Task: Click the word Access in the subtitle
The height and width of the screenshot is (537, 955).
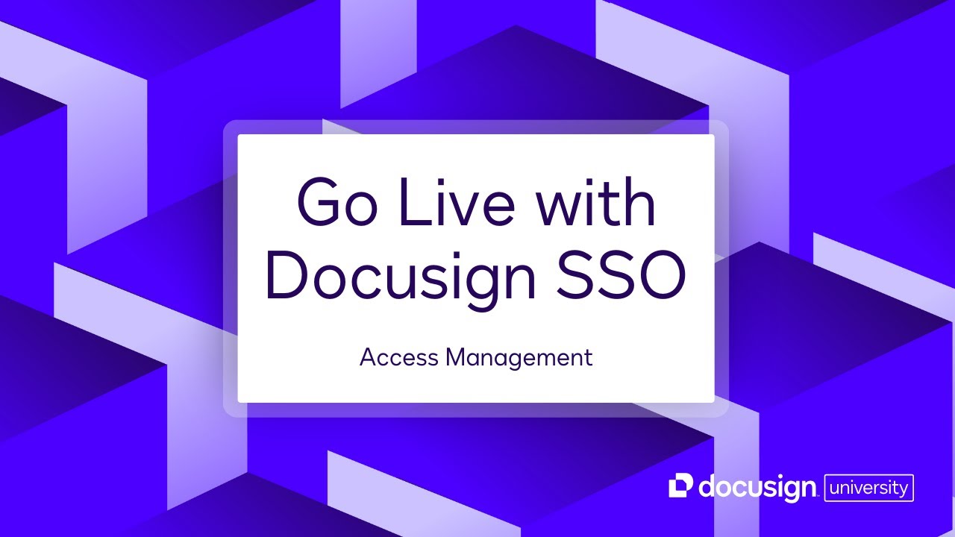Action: tap(399, 357)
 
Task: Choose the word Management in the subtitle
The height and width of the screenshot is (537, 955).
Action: tap(519, 358)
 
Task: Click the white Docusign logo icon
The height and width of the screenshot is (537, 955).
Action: tap(681, 486)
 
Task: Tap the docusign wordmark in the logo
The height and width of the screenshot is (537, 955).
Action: tap(757, 488)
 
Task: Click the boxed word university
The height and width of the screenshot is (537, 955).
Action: tap(868, 488)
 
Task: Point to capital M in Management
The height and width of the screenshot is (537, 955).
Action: tap(456, 357)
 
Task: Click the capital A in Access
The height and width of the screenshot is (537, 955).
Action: tap(369, 357)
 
